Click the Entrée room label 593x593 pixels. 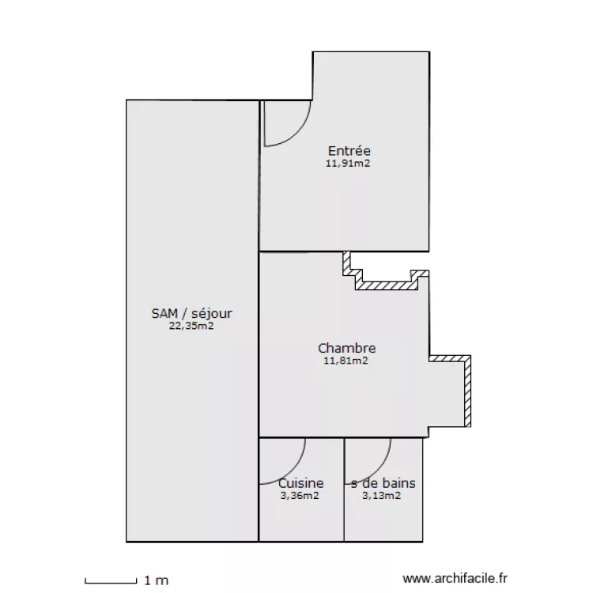[349, 151]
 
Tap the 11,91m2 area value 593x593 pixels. [348, 164]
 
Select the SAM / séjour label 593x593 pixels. [192, 314]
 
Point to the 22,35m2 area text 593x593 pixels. [191, 326]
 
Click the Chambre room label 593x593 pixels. [347, 348]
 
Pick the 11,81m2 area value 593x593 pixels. [346, 361]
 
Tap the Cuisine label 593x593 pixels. [301, 483]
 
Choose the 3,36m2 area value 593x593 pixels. [300, 496]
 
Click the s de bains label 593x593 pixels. [383, 483]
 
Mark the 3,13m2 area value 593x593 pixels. [382, 496]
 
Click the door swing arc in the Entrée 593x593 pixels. [297, 133]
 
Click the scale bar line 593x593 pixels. [111, 583]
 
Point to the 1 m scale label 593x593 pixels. [157, 580]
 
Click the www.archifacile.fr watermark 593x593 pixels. [455, 578]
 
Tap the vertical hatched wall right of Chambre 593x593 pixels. [467, 391]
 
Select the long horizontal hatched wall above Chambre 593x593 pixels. [387, 285]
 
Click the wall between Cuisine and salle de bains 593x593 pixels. [344, 489]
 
